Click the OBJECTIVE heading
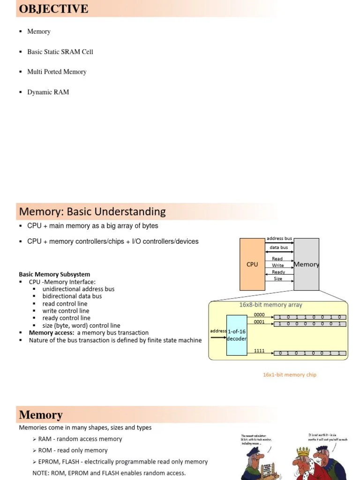coord(53,9)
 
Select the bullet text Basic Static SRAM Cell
coord(60,52)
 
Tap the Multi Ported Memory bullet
coord(57,72)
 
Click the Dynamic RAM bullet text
coord(48,92)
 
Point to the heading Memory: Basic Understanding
coord(92,211)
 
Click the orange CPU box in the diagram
coord(252,264)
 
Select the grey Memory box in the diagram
coord(307,264)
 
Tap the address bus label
coord(279,239)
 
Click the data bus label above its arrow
coord(279,247)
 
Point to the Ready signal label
coord(278,272)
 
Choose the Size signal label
coord(278,278)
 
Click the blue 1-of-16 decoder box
coord(236,335)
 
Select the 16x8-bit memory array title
coord(270,305)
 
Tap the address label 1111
coord(259,351)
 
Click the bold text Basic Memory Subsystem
coord(54,274)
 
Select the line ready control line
coord(66,318)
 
